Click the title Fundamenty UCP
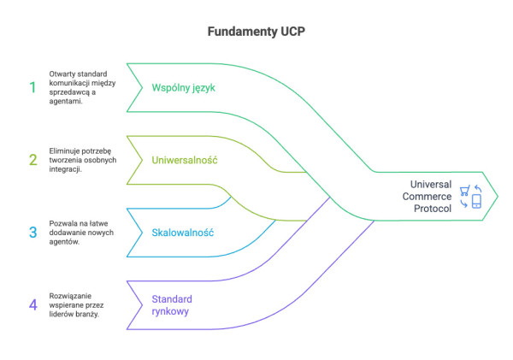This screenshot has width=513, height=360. [256, 32]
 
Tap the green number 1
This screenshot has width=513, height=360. [32, 87]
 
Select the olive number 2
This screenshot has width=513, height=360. [32, 159]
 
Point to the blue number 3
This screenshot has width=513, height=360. [32, 232]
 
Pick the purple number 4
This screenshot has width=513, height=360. [32, 304]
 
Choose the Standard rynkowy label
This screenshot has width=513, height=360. [171, 305]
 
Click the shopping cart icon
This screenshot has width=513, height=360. [464, 191]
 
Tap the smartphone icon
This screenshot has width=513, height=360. [476, 202]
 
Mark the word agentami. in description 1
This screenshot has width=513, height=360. [67, 102]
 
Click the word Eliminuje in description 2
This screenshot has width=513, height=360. [68, 149]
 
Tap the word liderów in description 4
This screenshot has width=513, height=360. [64, 314]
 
